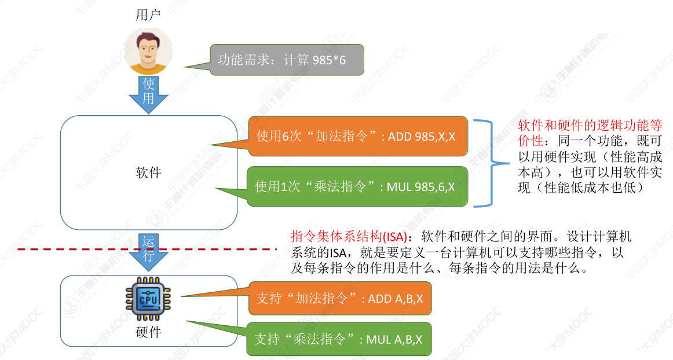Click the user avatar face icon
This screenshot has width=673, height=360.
click(x=149, y=51)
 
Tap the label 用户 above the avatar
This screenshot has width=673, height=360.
click(x=148, y=15)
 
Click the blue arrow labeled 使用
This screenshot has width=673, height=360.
click(x=149, y=93)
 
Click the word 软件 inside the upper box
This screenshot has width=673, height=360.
click(x=148, y=172)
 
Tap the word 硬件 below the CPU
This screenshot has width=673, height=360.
click(x=148, y=332)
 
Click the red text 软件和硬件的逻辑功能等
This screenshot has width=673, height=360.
click(x=590, y=126)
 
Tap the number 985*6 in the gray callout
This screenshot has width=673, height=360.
click(x=329, y=60)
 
